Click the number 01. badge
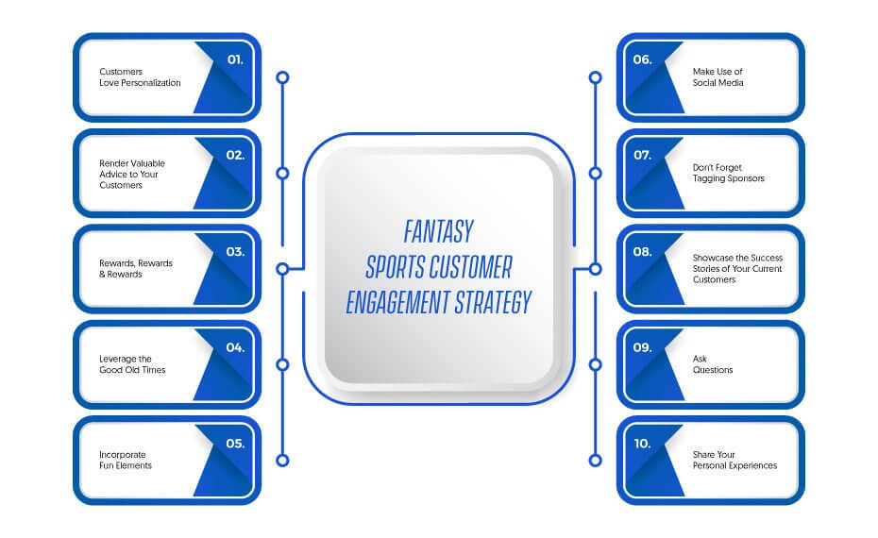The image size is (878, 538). [235, 59]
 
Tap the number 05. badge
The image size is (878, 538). [235, 444]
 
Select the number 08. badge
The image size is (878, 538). [642, 252]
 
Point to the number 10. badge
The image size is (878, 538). [642, 444]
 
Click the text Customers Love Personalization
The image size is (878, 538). [140, 77]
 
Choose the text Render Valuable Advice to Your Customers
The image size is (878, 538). [132, 174]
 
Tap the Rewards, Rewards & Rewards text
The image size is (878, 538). [136, 269]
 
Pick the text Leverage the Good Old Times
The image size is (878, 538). [132, 364]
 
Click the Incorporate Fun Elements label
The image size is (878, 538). [126, 461]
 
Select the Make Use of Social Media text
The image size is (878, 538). [718, 77]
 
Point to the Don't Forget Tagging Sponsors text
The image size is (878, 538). [728, 173]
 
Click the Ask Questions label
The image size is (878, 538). [712, 364]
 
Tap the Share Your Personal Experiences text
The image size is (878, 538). [734, 461]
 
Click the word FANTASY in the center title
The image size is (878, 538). [438, 232]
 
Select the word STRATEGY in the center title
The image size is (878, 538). [493, 302]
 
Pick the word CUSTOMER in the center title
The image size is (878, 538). [469, 267]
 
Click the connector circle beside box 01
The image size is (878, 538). [283, 77]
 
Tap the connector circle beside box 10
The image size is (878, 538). [595, 461]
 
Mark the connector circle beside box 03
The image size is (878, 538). [283, 269]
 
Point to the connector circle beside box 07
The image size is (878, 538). [595, 174]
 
